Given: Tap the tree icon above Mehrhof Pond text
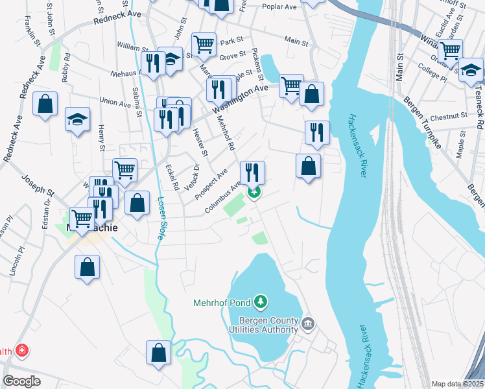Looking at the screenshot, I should (260, 301).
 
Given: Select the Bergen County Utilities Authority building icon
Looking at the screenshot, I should (308, 323).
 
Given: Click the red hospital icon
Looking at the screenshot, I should (23, 351).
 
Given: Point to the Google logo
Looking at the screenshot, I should (21, 381).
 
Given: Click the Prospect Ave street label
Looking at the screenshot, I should (211, 183).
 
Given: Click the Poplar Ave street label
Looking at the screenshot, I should (279, 7).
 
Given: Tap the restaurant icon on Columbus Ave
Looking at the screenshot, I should (252, 172).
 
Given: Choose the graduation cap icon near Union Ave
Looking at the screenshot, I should (77, 119).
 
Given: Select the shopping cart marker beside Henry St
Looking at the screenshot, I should (124, 170).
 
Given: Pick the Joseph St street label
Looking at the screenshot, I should (38, 185).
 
